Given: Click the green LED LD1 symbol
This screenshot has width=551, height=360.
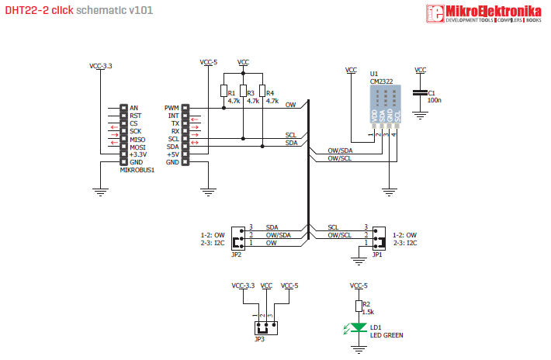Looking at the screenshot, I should click(358, 327).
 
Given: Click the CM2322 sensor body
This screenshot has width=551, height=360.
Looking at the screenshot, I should click(385, 101).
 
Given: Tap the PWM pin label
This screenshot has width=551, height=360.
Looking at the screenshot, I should click(172, 108).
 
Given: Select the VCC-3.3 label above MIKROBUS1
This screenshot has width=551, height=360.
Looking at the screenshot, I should click(101, 67).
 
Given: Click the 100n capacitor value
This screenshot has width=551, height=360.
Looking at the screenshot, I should click(435, 101).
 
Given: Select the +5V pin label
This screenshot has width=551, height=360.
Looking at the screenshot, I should click(172, 154).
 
